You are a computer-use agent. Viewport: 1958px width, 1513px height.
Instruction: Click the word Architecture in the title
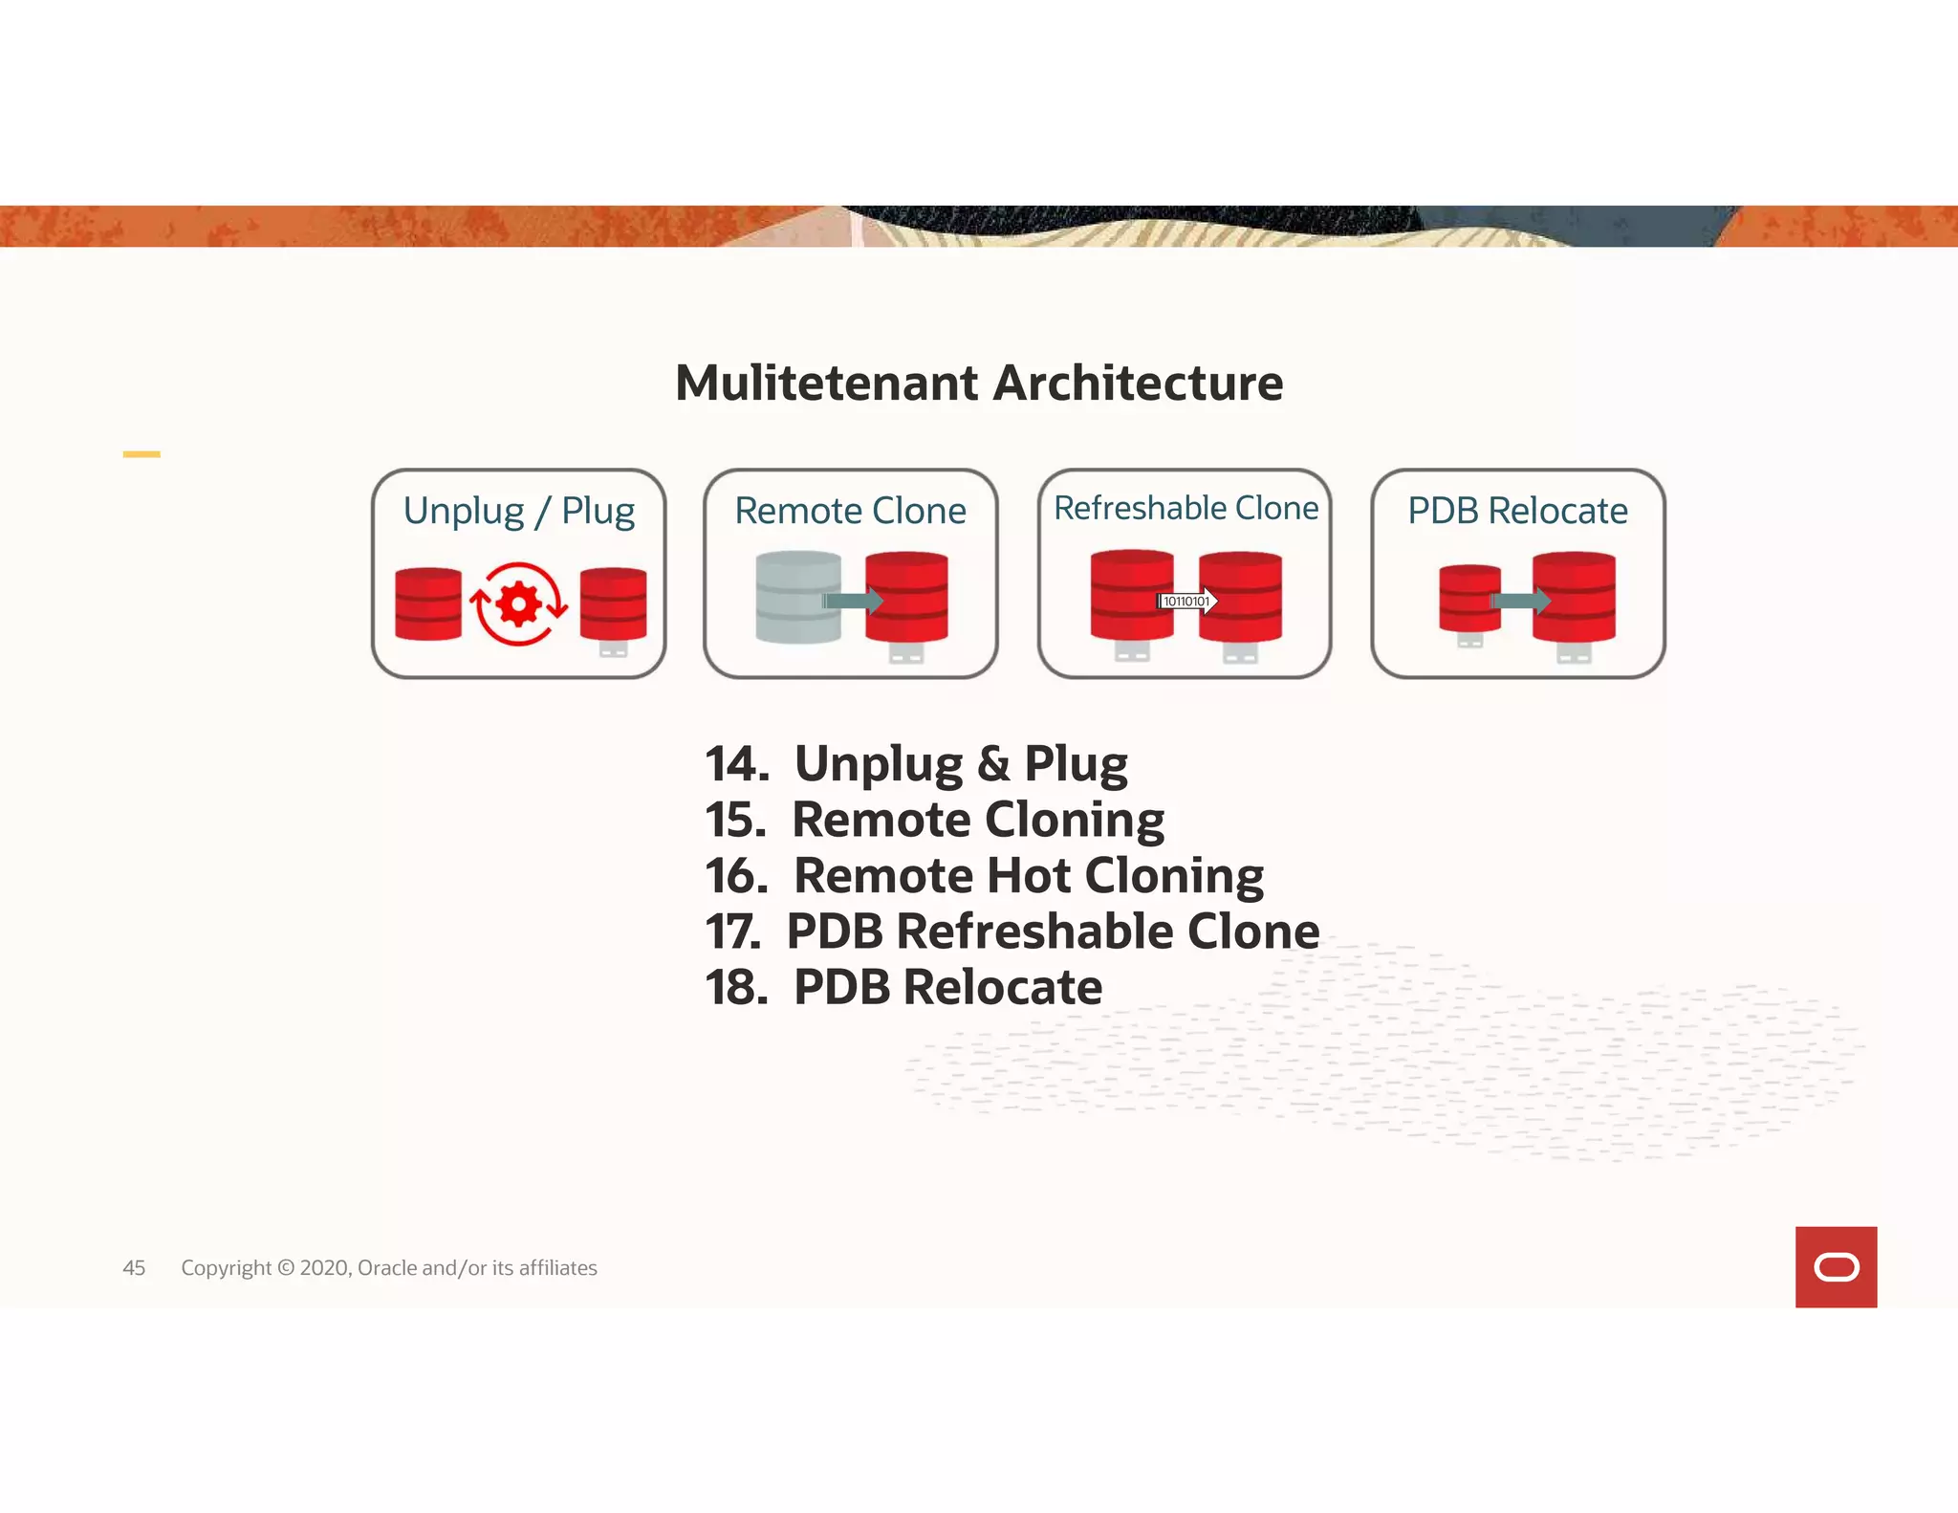click(1138, 384)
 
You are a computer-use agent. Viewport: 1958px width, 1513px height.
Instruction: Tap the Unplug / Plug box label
click(518, 511)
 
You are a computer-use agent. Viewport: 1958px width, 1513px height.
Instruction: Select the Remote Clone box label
click(850, 511)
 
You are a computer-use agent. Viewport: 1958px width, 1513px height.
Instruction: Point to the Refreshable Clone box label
click(1186, 508)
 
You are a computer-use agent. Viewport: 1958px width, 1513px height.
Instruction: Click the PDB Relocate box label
click(1517, 511)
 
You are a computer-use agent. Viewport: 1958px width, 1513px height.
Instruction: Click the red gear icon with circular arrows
click(519, 604)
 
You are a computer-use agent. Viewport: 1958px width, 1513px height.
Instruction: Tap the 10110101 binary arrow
click(1186, 602)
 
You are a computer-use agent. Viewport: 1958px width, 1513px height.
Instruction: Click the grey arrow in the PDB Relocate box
click(1521, 602)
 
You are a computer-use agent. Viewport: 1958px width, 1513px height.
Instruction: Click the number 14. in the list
click(736, 764)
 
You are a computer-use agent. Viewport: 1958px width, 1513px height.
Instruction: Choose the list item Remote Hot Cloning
click(1028, 875)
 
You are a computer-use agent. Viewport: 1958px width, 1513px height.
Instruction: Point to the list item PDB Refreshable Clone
click(1052, 932)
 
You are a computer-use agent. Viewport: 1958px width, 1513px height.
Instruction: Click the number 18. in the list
click(736, 987)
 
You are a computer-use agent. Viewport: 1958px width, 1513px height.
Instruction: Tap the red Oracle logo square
click(1836, 1266)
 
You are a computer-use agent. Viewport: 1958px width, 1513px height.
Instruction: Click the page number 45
click(134, 1268)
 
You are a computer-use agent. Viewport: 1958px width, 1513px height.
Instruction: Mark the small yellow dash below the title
click(141, 454)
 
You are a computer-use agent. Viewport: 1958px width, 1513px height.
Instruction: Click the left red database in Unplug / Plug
click(427, 603)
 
